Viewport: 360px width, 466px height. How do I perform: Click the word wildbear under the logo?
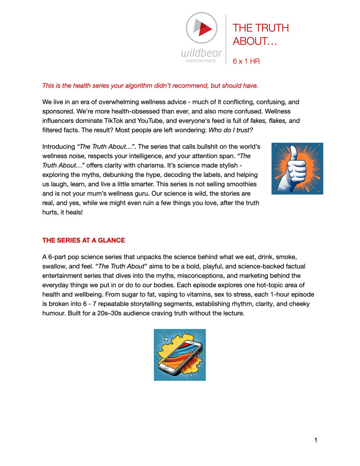202,54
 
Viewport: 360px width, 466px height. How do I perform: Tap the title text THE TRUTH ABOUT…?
260,34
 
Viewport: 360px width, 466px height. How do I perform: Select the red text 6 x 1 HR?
246,61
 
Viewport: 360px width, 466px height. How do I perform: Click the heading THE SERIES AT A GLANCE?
83,240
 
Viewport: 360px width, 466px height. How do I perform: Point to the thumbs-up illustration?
297,168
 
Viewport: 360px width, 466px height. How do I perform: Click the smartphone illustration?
180,355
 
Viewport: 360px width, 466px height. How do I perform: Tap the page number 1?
316,440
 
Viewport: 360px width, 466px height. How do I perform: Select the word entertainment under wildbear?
198,61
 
